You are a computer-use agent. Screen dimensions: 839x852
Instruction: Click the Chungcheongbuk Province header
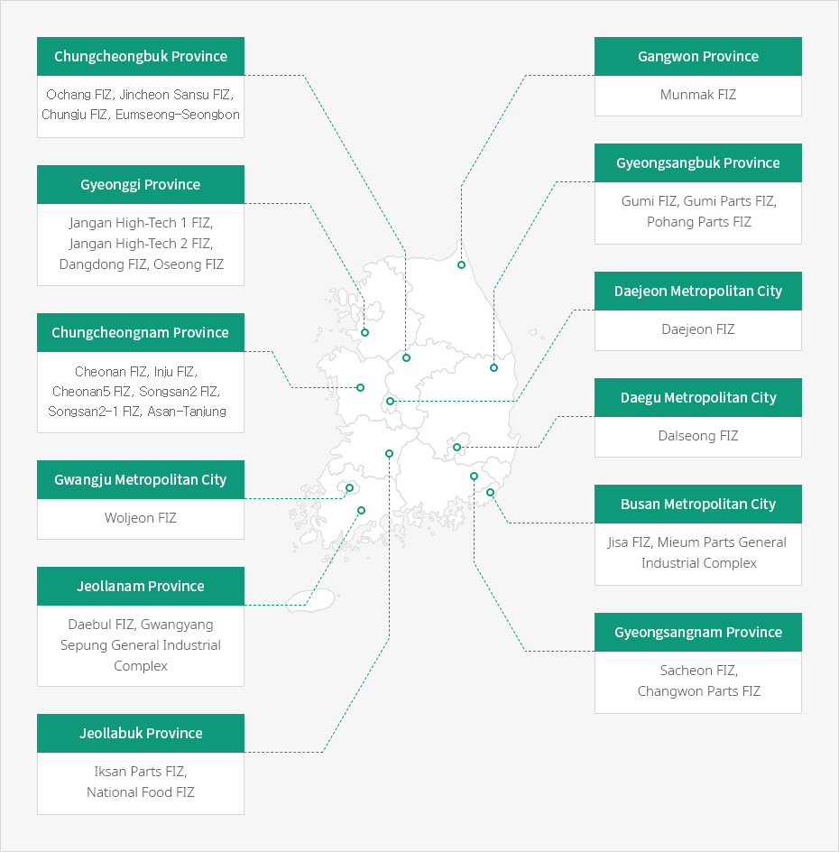pyautogui.click(x=141, y=57)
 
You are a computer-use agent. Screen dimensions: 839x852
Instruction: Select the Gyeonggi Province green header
pyautogui.click(x=141, y=185)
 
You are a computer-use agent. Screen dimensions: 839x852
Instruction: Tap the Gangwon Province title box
pyautogui.click(x=697, y=57)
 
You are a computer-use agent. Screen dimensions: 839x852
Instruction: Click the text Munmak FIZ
pyautogui.click(x=697, y=95)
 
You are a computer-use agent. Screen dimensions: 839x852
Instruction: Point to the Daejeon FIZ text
pyautogui.click(x=697, y=329)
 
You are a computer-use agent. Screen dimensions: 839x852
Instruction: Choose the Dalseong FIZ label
pyautogui.click(x=697, y=436)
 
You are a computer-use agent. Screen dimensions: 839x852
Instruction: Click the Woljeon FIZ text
pyautogui.click(x=141, y=518)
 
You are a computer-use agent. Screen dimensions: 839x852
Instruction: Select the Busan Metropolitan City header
pyautogui.click(x=697, y=505)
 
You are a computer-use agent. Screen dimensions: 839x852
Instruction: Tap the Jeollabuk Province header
pyautogui.click(x=141, y=734)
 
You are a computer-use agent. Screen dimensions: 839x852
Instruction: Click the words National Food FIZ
pyautogui.click(x=141, y=792)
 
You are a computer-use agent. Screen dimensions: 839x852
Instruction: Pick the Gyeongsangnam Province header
pyautogui.click(x=697, y=633)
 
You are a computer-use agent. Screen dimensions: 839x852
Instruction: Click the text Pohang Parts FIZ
pyautogui.click(x=699, y=222)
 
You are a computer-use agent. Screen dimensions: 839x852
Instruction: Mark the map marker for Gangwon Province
pyautogui.click(x=461, y=264)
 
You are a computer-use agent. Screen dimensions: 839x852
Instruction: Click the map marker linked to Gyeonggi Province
pyautogui.click(x=365, y=332)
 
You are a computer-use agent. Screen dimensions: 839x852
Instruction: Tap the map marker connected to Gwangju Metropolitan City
pyautogui.click(x=350, y=488)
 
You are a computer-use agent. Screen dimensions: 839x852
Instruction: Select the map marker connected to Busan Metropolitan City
pyautogui.click(x=491, y=492)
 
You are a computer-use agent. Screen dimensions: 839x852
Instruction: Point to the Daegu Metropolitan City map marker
pyautogui.click(x=456, y=447)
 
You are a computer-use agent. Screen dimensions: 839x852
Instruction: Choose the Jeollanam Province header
pyautogui.click(x=141, y=587)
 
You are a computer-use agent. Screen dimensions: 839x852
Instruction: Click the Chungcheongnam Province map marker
pyautogui.click(x=360, y=387)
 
